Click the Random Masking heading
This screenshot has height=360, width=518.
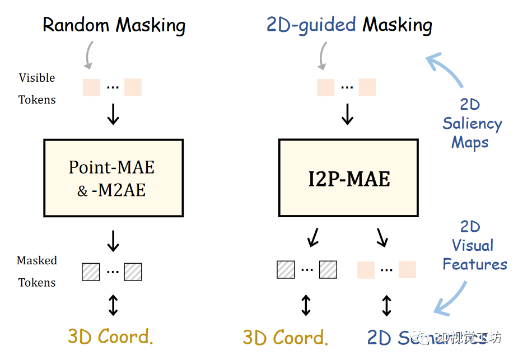pyautogui.click(x=114, y=25)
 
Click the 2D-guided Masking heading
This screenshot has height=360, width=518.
pyautogui.click(x=349, y=25)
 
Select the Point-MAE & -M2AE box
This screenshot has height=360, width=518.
pyautogui.click(x=113, y=178)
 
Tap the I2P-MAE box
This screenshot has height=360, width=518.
pyautogui.click(x=348, y=178)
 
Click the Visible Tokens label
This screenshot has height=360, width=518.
pyautogui.click(x=37, y=88)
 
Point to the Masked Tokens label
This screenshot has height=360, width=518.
pyautogui.click(x=37, y=272)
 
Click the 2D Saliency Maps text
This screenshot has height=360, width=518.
pyautogui.click(x=472, y=123)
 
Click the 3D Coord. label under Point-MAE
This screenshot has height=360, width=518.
pyautogui.click(x=110, y=336)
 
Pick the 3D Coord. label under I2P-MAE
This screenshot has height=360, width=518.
pyautogui.click(x=286, y=337)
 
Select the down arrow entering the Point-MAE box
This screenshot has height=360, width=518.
pyautogui.click(x=113, y=114)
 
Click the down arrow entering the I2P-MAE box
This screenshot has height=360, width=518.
pyautogui.click(x=348, y=114)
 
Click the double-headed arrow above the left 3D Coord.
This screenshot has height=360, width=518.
pyautogui.click(x=113, y=305)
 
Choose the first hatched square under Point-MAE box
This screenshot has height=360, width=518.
pyautogui.click(x=91, y=272)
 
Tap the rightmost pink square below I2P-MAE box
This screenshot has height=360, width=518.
pyautogui.click(x=407, y=269)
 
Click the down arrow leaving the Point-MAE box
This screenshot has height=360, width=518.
pyautogui.click(x=113, y=241)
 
